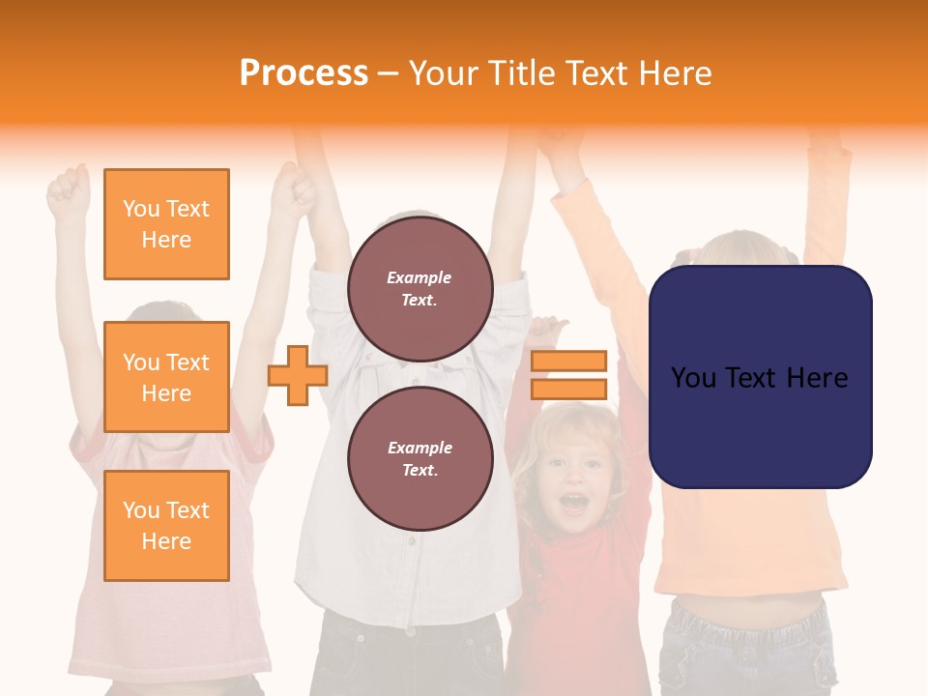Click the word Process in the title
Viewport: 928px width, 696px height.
304,73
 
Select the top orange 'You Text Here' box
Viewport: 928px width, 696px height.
166,224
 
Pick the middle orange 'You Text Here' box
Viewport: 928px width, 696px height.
166,377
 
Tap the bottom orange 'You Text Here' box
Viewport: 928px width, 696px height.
166,525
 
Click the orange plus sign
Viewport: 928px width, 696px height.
298,375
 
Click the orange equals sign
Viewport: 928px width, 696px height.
568,375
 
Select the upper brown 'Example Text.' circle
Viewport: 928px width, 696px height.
420,288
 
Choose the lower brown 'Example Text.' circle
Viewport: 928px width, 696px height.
420,458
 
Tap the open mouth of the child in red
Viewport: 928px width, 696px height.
574,502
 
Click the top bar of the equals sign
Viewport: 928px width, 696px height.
568,361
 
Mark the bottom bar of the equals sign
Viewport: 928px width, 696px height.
568,390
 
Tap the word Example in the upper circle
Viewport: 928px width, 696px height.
420,277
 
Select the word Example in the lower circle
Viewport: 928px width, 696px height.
420,448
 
